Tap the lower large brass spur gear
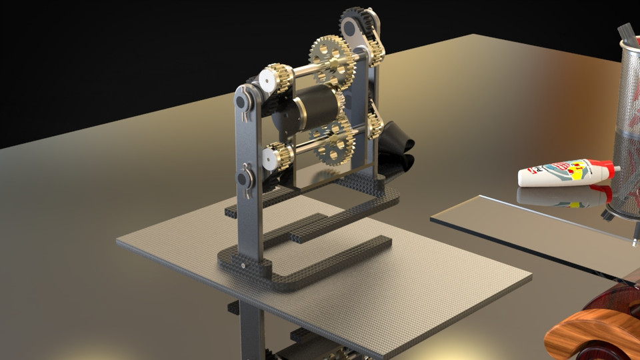tap(333, 141)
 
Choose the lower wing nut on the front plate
tap(247, 179)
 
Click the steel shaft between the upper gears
tap(300, 69)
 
